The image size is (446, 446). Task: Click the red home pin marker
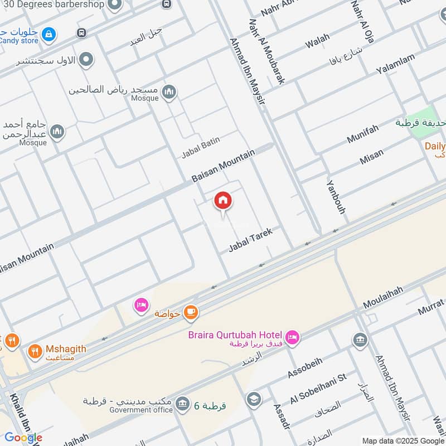pyautogui.click(x=223, y=201)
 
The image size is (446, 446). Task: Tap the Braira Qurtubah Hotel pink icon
pyautogui.click(x=292, y=337)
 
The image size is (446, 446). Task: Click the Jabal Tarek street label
pyautogui.click(x=250, y=240)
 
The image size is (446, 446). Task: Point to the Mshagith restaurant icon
pyautogui.click(x=35, y=352)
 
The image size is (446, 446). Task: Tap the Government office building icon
pyautogui.click(x=182, y=403)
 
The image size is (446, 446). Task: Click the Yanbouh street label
pyautogui.click(x=336, y=197)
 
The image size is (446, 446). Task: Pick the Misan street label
pyautogui.click(x=371, y=157)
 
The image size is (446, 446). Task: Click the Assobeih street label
pyautogui.click(x=304, y=369)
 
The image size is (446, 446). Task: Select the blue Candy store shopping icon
pyautogui.click(x=50, y=34)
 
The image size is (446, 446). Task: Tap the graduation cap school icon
pyautogui.click(x=254, y=400)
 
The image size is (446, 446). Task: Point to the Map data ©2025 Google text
pyautogui.click(x=403, y=440)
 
